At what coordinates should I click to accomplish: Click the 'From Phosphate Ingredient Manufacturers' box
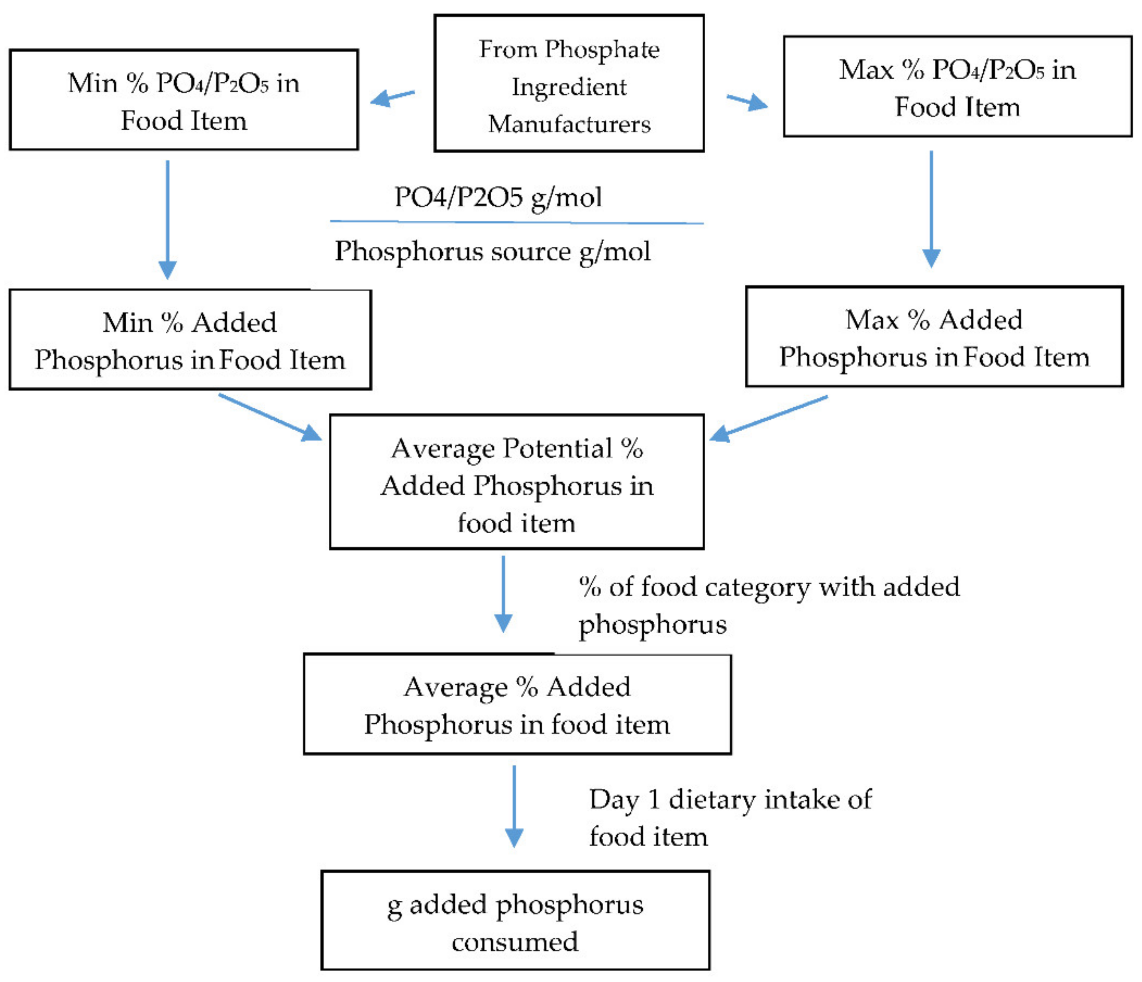click(569, 83)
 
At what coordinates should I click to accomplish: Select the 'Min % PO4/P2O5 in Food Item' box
click(184, 100)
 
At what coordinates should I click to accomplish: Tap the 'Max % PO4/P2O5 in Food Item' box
click(958, 86)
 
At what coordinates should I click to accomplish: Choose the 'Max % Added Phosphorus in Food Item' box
click(934, 337)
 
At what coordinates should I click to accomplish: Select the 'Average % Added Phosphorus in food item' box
click(517, 705)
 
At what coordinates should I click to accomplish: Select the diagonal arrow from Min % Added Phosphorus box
click(270, 417)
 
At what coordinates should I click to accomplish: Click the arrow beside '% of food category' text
click(503, 594)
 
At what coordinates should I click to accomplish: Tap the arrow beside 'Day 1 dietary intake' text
click(514, 806)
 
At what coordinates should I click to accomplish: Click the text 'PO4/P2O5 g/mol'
click(498, 197)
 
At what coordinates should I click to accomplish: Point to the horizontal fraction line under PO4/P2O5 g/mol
click(516, 222)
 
